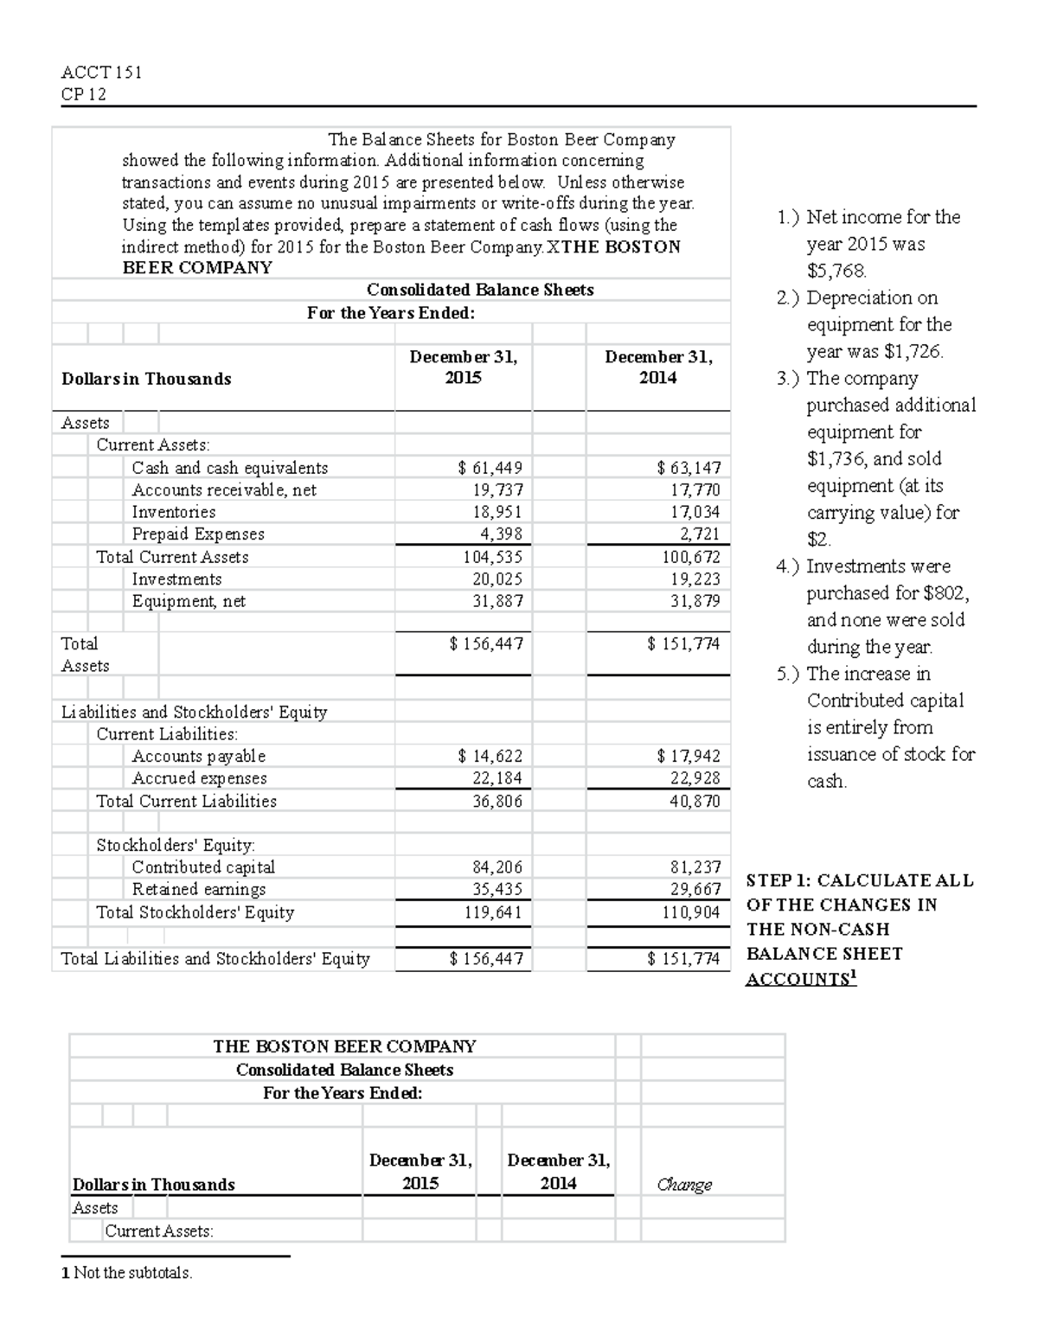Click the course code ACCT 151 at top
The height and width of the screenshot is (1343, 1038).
tap(101, 73)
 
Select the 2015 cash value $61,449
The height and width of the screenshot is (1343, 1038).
tap(490, 468)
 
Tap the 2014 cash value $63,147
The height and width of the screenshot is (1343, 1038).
tap(689, 468)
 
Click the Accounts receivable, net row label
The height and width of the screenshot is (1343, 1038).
tap(224, 490)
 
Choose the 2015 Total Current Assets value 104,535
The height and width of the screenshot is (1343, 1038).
tap(493, 557)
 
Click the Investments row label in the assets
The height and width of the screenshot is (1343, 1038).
tap(176, 579)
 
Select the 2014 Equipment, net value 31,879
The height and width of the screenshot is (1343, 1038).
tap(695, 601)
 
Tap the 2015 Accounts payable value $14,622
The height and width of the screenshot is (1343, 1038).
tap(490, 756)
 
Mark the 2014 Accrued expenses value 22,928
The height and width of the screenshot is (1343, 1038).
tap(695, 778)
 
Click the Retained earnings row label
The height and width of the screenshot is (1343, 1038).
tap(199, 889)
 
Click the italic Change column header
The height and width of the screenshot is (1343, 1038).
tap(684, 1184)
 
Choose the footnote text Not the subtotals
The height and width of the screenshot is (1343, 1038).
tap(133, 1272)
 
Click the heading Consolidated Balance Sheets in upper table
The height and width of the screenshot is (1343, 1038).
tap(480, 290)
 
